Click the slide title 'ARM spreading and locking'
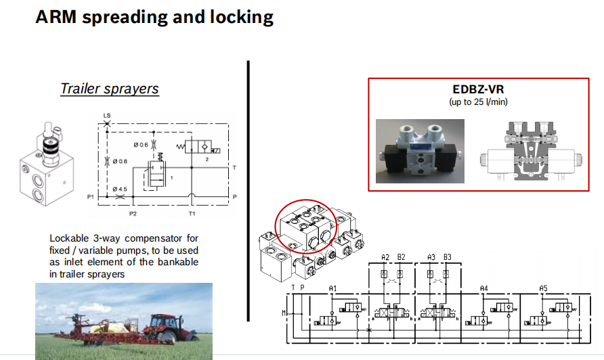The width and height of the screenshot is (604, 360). pos(154,17)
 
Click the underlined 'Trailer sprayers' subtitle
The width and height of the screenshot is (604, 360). pos(109,89)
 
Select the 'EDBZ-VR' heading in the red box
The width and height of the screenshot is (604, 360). pos(478,89)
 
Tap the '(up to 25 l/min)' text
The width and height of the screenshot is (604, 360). pos(478,102)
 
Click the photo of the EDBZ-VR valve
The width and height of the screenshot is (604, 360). pos(420,152)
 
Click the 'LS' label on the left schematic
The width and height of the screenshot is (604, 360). pos(107,116)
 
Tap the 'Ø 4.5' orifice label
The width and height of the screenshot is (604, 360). pos(121,189)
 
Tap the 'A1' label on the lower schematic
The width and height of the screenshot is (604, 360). pos(333,288)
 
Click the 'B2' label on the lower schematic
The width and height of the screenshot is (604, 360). pos(401,257)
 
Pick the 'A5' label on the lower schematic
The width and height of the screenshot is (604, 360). pos(543,288)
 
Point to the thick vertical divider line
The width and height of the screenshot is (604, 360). pos(249,189)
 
